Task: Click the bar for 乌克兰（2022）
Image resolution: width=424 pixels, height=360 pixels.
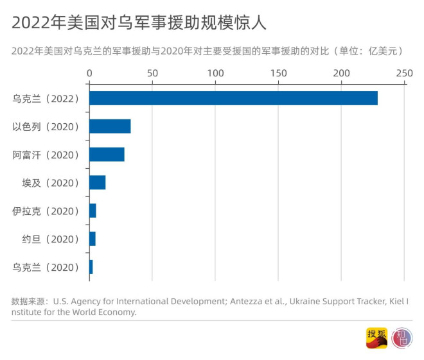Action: coord(233,98)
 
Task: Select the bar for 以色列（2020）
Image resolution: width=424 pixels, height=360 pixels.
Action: coord(110,126)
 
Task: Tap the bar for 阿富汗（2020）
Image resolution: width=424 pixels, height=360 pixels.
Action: coord(107,155)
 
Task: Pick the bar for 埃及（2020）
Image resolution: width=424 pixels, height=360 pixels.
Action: coord(97,183)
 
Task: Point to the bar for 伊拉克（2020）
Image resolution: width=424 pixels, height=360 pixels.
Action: coord(93,211)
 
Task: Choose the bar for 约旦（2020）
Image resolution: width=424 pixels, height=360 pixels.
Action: coord(93,239)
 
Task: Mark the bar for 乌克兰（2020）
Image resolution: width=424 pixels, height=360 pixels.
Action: coord(91,267)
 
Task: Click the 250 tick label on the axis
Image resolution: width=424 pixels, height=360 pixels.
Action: coord(403,73)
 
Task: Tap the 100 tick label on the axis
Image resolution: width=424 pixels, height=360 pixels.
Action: coord(215,73)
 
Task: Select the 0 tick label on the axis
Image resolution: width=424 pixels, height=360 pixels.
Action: coord(89,73)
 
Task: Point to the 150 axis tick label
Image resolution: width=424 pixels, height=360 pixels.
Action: coord(278,73)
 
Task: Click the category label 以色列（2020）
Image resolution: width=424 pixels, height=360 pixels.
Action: coord(46,126)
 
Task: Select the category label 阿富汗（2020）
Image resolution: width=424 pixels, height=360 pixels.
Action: coord(46,155)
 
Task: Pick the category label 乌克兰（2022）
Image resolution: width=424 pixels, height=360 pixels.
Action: coord(46,99)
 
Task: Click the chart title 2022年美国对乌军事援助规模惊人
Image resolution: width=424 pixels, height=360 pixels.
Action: coord(139,22)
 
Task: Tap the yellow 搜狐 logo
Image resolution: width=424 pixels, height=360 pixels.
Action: coord(376,338)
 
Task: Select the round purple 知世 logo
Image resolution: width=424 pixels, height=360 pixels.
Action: coord(402,338)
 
